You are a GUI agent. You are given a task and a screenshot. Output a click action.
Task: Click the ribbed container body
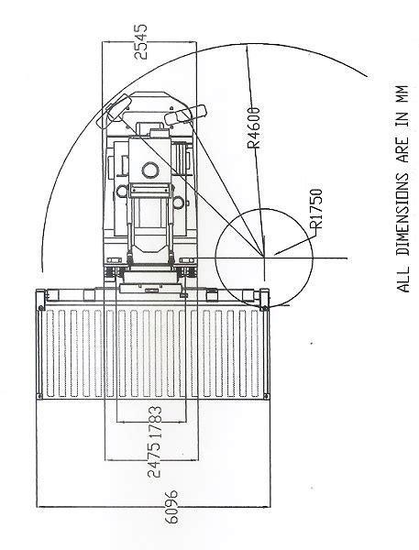click(151, 353)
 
